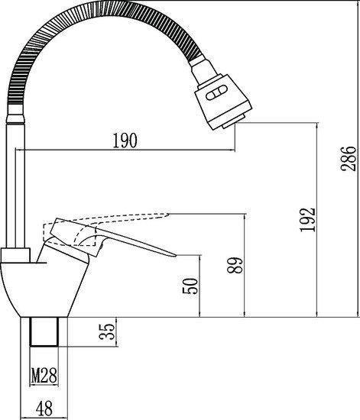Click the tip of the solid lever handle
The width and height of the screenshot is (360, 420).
[174, 255]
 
